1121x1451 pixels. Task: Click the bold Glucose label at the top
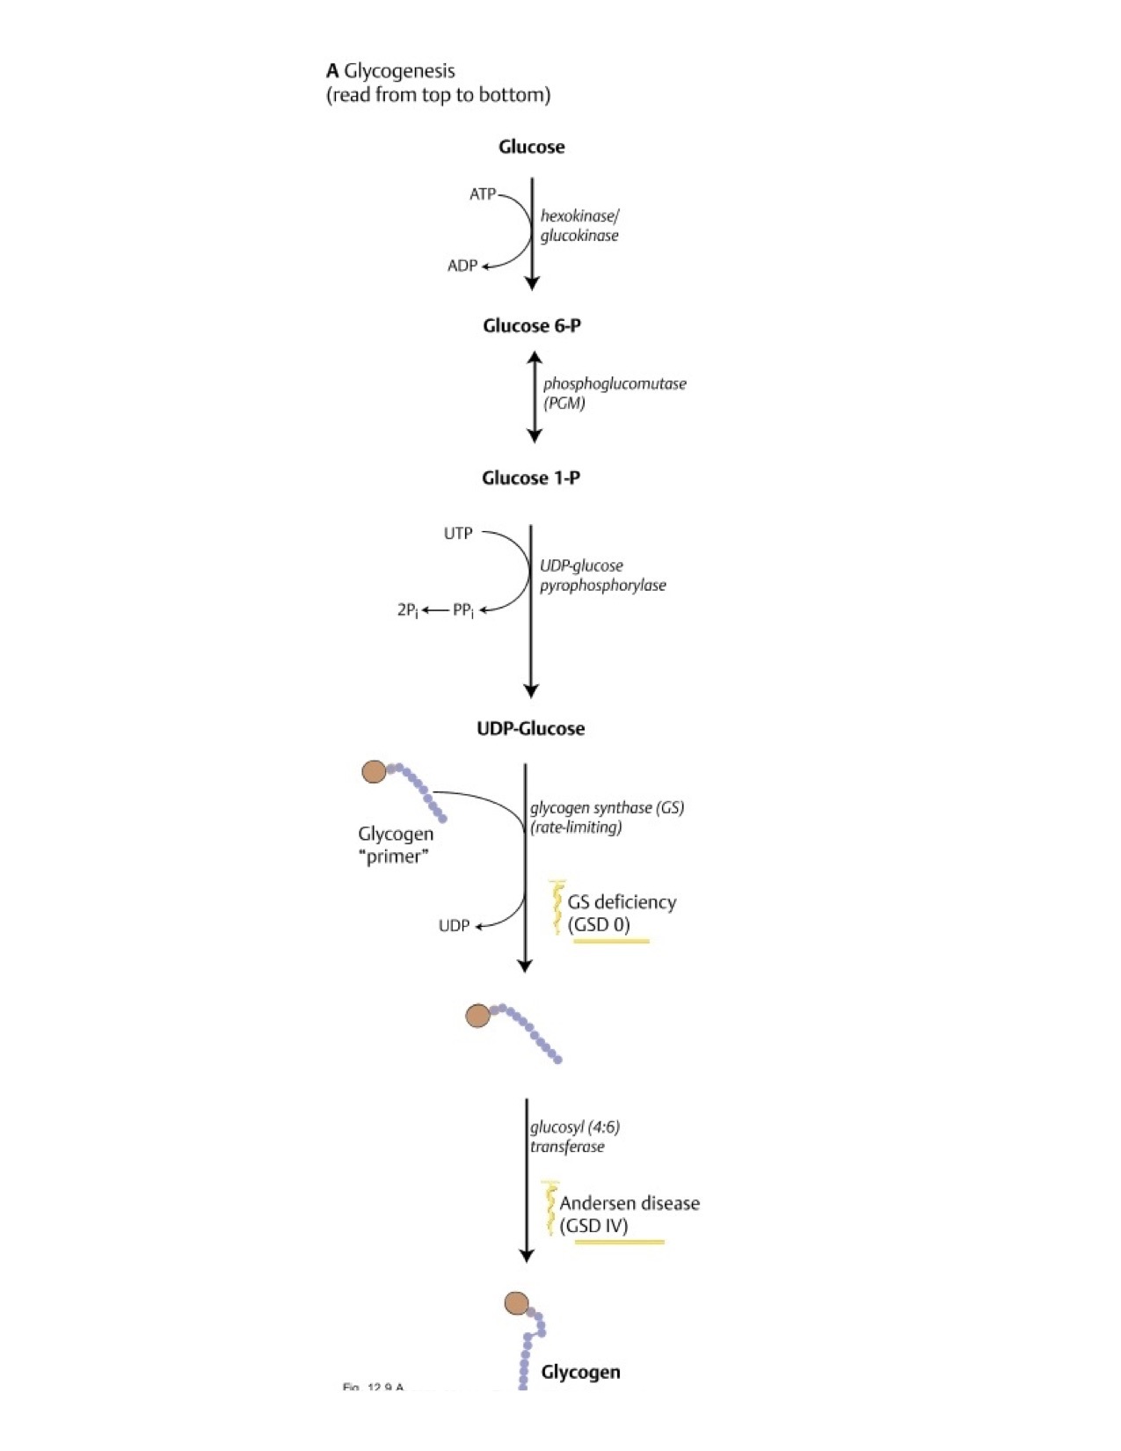click(x=531, y=147)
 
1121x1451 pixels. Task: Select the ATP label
click(x=482, y=193)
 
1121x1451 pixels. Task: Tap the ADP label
click(x=462, y=266)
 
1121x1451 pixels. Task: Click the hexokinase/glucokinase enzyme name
click(x=579, y=225)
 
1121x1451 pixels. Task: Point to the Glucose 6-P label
click(x=531, y=326)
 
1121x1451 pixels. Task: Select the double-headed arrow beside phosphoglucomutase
click(x=534, y=397)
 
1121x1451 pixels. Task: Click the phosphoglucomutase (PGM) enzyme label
click(x=614, y=393)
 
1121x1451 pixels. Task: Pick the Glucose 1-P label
click(x=530, y=478)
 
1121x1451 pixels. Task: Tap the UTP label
click(x=458, y=533)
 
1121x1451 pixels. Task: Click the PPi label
click(x=463, y=609)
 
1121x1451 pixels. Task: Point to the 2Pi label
click(x=407, y=609)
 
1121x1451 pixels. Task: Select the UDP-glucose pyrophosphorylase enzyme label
click(x=602, y=575)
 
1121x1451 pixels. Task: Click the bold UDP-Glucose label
click(x=530, y=728)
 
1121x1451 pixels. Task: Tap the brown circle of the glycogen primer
click(x=374, y=772)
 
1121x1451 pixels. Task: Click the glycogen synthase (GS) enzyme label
click(x=607, y=817)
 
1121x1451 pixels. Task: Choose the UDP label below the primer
click(x=454, y=926)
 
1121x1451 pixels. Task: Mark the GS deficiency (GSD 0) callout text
click(x=621, y=913)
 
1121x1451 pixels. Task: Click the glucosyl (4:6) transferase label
click(x=575, y=1136)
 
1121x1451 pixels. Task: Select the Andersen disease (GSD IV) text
click(x=629, y=1214)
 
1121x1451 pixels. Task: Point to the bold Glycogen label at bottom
click(x=580, y=1372)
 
